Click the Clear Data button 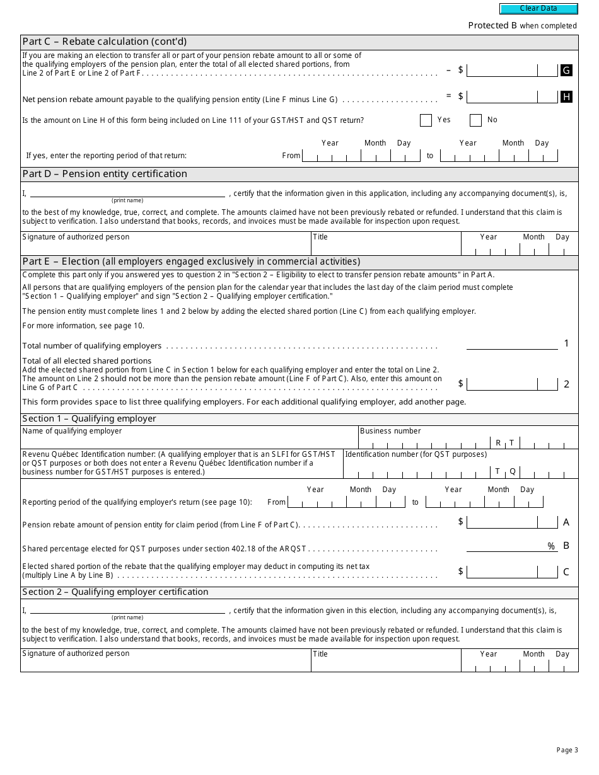538,9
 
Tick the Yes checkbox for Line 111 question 426,120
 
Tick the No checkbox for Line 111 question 475,120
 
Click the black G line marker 566,71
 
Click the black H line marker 566,96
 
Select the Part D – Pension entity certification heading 105,174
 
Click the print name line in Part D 127,193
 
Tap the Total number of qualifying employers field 512,344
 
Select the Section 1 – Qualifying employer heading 89,419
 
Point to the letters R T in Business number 505,443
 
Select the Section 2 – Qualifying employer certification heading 115,592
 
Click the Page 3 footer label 567,750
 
